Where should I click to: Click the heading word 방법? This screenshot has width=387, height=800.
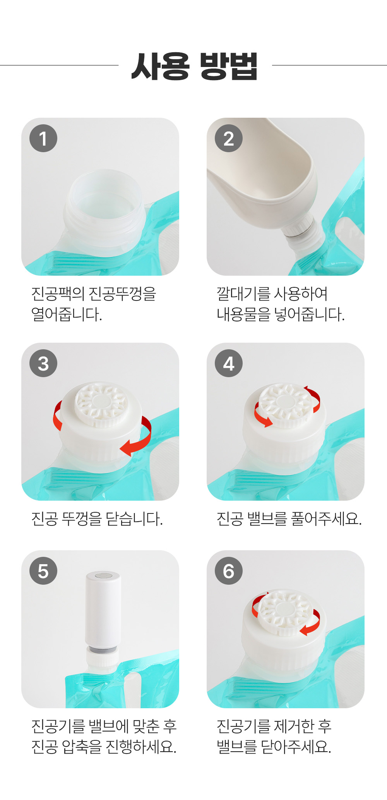[x=228, y=66]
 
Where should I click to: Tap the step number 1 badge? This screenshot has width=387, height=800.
[x=43, y=138]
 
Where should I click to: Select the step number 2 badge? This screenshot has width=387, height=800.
[x=229, y=138]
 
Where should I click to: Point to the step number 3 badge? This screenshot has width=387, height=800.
[x=43, y=363]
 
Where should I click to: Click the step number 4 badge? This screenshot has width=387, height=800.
[x=229, y=363]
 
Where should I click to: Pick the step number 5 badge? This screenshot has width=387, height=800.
[x=43, y=571]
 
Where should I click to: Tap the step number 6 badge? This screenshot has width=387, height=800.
[x=229, y=571]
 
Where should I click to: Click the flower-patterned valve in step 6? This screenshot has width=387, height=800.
[x=286, y=612]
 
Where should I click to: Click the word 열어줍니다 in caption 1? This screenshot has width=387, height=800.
[x=67, y=314]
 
